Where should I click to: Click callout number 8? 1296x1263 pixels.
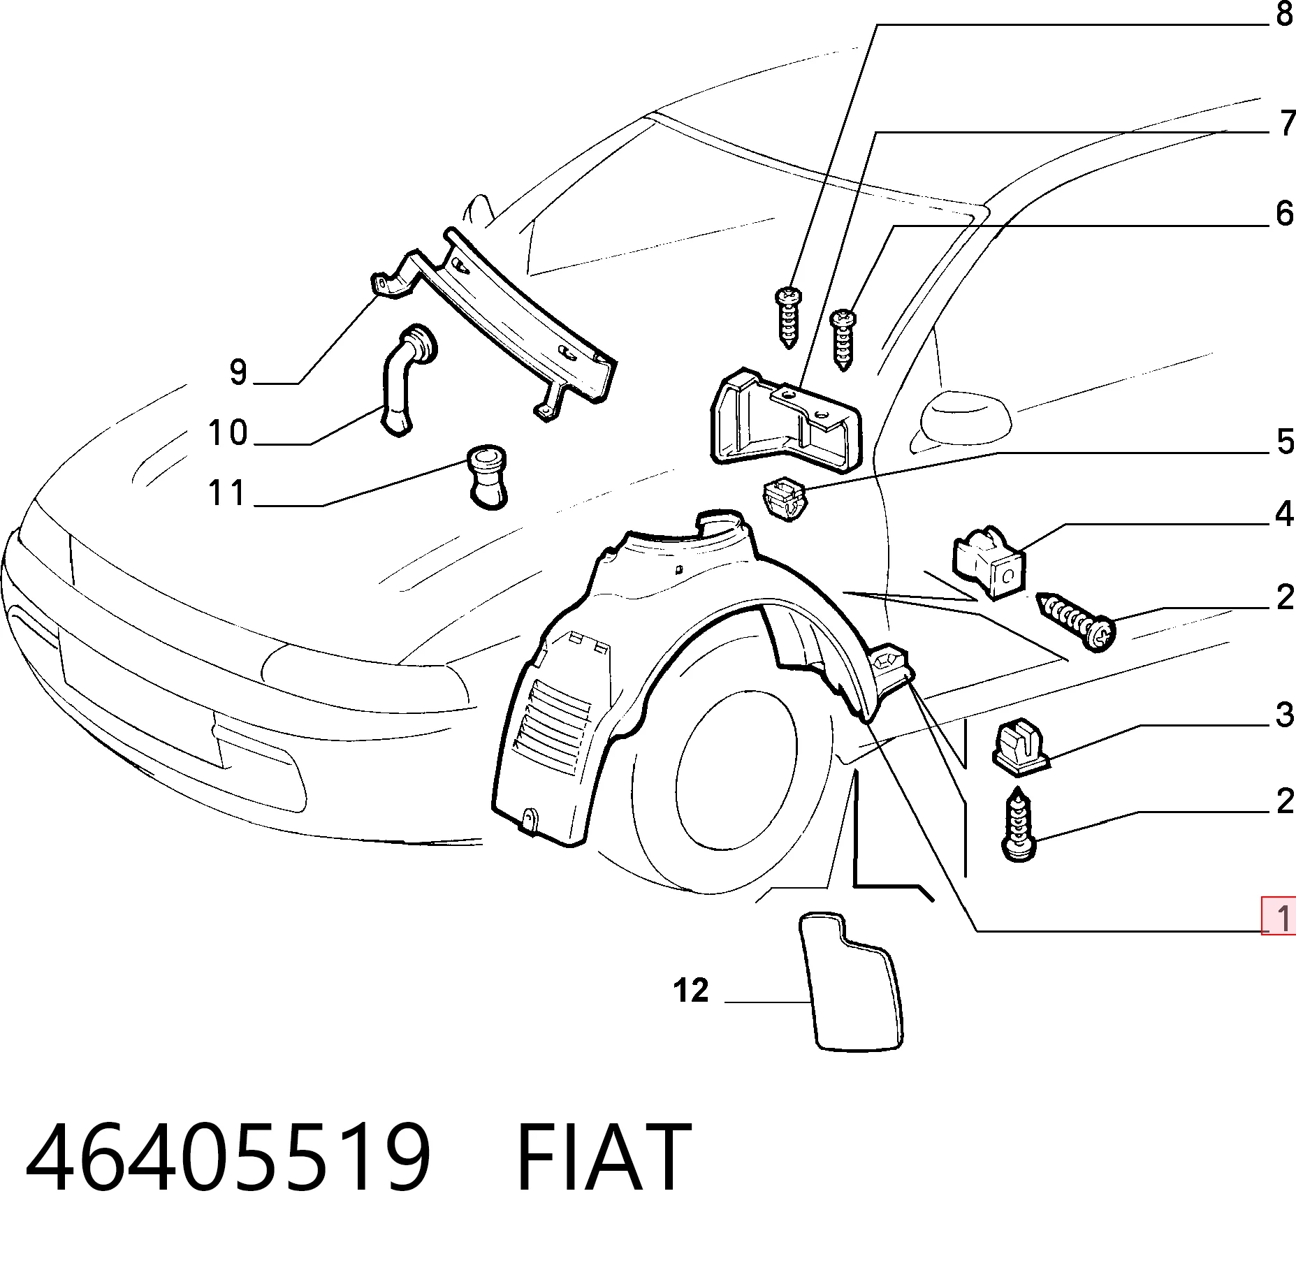click(1284, 15)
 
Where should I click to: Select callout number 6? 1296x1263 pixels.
click(1284, 213)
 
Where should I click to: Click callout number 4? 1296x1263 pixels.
click(1284, 514)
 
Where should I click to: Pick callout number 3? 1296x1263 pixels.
click(1285, 715)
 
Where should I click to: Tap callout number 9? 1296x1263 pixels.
click(238, 372)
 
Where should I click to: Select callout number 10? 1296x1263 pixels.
click(228, 433)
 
